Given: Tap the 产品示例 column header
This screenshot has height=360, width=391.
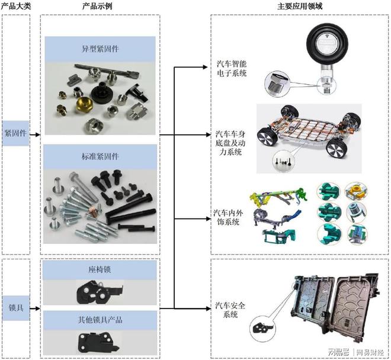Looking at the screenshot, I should click(x=99, y=6).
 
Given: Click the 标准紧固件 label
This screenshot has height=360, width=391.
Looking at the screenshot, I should click(x=100, y=156).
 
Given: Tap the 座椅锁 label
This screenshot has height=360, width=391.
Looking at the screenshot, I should click(x=100, y=269).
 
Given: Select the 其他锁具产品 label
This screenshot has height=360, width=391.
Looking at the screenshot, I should click(x=100, y=320).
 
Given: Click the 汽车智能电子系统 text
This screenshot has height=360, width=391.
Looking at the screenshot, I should click(x=231, y=68).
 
